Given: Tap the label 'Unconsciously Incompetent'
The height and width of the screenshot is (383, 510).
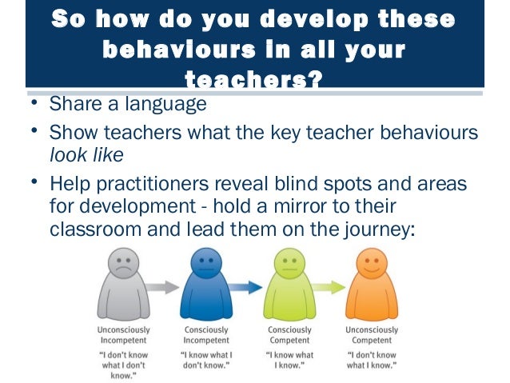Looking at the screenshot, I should coord(121,335).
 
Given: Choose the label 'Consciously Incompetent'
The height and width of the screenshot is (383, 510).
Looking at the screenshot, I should coord(205,335).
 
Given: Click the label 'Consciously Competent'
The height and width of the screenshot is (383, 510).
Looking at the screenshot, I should coord(289,335).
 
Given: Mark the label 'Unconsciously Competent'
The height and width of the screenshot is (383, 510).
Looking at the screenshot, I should coord(372,335).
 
